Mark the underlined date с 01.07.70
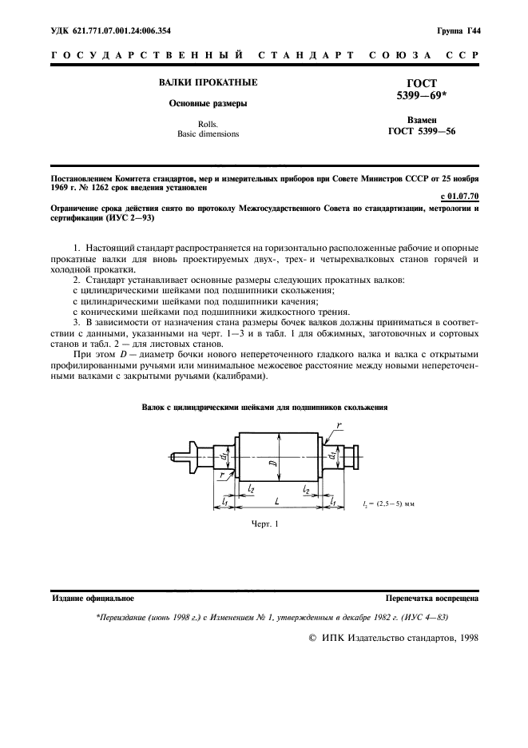pyautogui.click(x=459, y=196)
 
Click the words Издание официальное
pyautogui.click(x=93, y=597)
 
